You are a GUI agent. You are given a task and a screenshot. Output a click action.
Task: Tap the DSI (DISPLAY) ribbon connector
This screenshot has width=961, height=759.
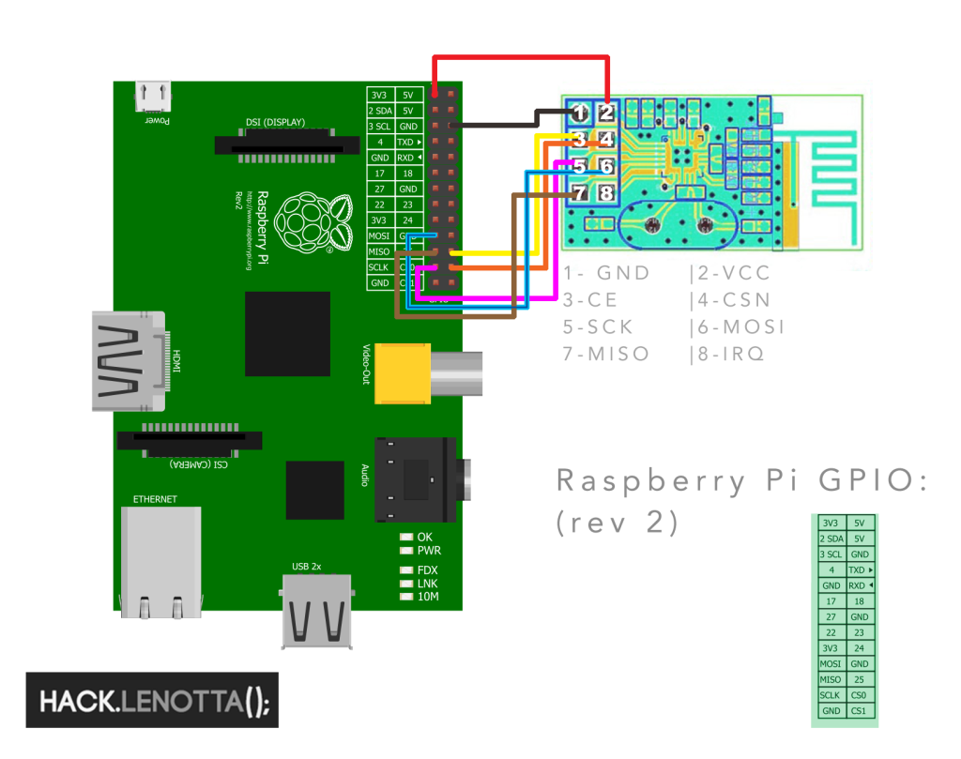tap(287, 145)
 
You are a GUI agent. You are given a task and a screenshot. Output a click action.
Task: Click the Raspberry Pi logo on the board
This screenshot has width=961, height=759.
tap(311, 223)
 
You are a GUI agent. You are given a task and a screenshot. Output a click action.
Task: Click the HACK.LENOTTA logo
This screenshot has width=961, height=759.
tap(152, 700)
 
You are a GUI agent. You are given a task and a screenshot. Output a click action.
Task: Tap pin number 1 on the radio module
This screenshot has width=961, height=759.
tap(580, 114)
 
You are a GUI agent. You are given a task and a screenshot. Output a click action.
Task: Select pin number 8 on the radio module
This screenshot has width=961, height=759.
tap(606, 193)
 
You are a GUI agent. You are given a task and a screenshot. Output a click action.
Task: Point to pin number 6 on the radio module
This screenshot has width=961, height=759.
tap(606, 166)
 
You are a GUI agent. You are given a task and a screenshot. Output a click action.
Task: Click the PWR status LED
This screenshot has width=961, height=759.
tap(406, 551)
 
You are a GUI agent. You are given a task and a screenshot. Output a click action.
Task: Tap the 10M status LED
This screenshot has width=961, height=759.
tap(406, 597)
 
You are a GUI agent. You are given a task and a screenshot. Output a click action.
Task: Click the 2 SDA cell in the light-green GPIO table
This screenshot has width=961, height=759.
tap(830, 539)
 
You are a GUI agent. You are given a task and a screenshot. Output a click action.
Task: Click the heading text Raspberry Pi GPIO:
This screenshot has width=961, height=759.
tap(742, 480)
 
